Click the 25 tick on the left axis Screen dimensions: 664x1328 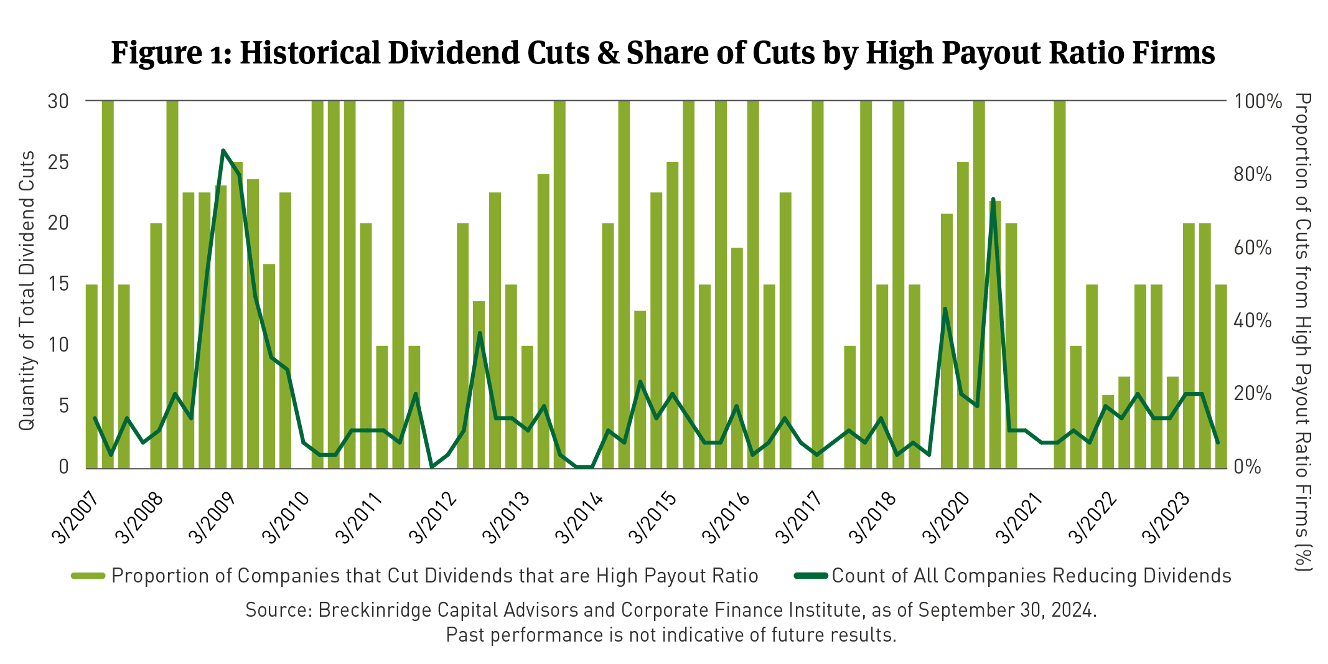click(x=58, y=162)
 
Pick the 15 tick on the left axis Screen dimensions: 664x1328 click(x=58, y=284)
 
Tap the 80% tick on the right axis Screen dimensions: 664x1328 click(x=1253, y=174)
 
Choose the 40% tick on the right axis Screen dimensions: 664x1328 click(x=1253, y=320)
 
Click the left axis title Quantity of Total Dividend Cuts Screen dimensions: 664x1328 click(x=26, y=291)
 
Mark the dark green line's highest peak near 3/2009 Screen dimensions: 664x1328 click(x=223, y=151)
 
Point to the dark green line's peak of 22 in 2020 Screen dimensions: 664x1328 click(x=993, y=199)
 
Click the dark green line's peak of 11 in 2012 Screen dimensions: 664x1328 click(x=480, y=333)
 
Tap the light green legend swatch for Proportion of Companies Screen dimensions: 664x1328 click(x=88, y=576)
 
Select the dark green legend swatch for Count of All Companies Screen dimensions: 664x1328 click(x=810, y=576)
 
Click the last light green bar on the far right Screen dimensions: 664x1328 click(x=1221, y=376)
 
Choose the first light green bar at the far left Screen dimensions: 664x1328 click(x=92, y=376)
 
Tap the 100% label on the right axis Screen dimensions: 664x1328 click(x=1258, y=101)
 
